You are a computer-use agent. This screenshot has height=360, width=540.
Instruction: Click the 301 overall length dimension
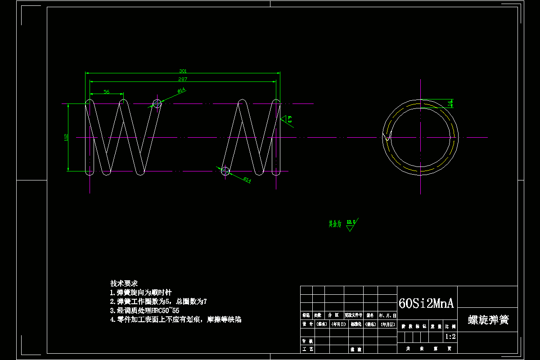[183, 71]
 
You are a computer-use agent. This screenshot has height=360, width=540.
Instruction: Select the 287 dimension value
[183, 79]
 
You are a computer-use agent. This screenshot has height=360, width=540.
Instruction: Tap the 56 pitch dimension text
[106, 92]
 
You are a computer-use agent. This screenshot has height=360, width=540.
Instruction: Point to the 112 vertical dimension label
[66, 137]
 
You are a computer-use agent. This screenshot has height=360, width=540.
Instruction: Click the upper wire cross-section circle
[157, 103]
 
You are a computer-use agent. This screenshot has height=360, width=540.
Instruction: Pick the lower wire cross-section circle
[225, 171]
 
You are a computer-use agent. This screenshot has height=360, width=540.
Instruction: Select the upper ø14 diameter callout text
[182, 90]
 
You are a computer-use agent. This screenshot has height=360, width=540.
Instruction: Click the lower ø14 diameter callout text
[247, 180]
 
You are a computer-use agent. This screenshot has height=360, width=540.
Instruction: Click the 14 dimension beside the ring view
[450, 103]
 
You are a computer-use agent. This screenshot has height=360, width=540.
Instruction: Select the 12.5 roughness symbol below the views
[351, 224]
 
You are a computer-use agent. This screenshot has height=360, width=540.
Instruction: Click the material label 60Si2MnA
[426, 303]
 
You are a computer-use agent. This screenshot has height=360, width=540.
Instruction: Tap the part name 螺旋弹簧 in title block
[488, 320]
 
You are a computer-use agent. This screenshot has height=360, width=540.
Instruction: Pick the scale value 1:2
[450, 337]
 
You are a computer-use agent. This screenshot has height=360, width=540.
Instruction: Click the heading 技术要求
[124, 283]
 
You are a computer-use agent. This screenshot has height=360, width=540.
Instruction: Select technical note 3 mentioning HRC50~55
[144, 310]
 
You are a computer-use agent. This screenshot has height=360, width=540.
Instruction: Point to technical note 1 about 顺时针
[141, 292]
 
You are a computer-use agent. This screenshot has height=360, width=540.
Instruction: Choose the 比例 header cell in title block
[450, 327]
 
